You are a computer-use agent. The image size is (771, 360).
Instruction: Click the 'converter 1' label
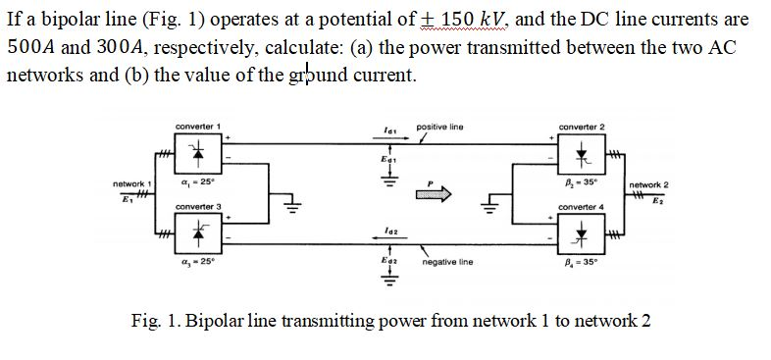196,128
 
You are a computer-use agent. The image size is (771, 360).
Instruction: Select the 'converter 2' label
582,128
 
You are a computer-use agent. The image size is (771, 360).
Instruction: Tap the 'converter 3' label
196,206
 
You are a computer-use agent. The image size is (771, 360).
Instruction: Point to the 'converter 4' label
582,207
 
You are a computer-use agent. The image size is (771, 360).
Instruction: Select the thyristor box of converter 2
583,152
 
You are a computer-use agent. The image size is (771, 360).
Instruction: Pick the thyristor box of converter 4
583,231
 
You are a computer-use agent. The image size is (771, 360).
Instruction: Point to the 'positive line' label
440,128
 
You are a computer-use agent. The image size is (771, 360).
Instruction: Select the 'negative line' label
447,263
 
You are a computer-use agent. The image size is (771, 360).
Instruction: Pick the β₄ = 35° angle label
583,263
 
